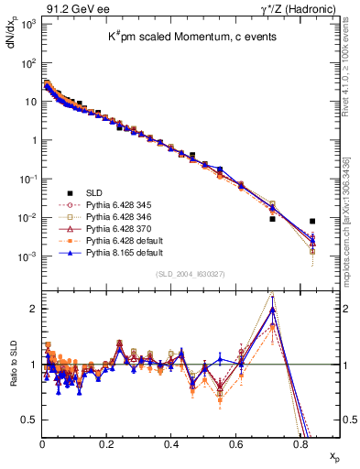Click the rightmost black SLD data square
312,221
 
